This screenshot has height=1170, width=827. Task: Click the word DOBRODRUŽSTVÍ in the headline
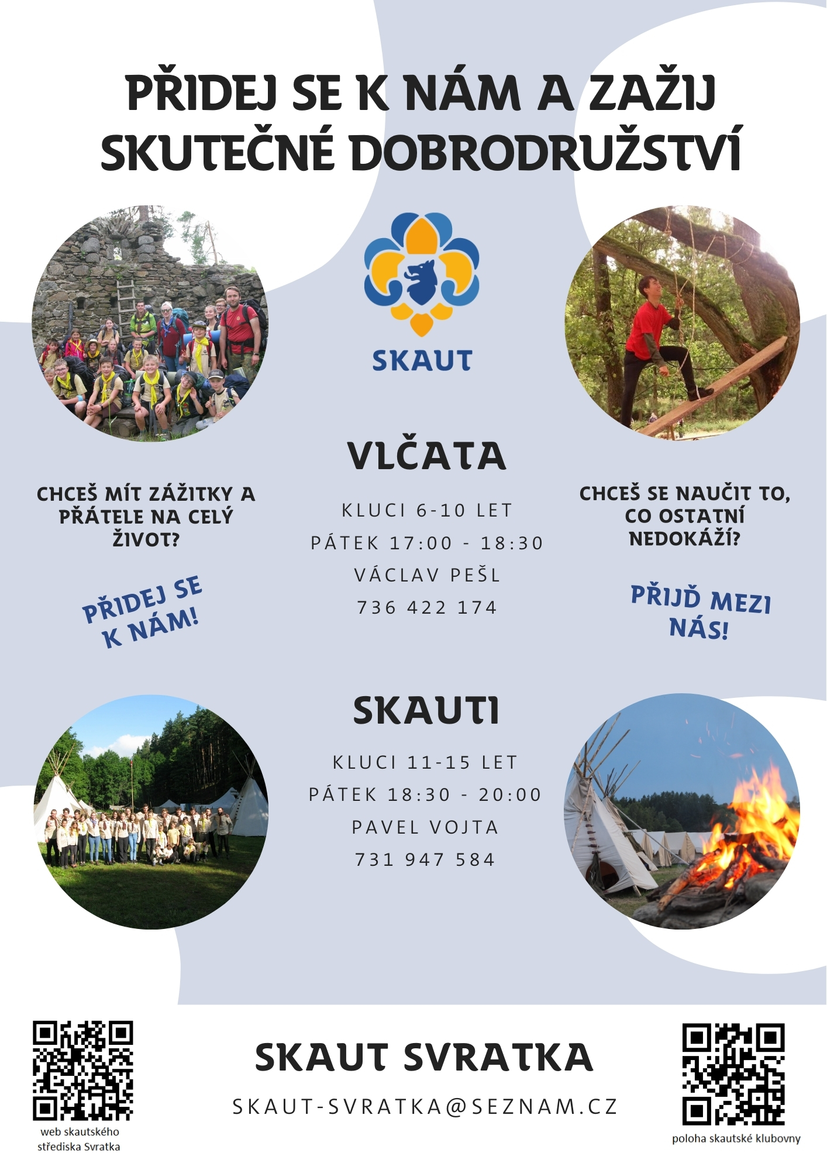click(x=546, y=150)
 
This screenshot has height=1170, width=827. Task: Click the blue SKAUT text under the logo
click(x=422, y=361)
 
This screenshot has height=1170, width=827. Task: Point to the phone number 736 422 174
click(x=427, y=608)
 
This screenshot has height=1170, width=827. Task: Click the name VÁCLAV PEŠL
click(x=428, y=575)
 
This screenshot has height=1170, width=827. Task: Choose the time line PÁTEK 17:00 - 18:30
click(x=427, y=543)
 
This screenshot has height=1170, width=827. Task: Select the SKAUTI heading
click(x=426, y=711)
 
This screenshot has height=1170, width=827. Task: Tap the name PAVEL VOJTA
click(x=425, y=827)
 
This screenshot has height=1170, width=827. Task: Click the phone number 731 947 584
click(x=425, y=860)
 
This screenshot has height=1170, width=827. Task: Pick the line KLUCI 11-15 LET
click(x=425, y=762)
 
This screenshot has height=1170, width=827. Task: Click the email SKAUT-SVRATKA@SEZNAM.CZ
click(x=425, y=1107)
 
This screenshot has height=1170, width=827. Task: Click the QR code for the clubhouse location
click(x=733, y=1074)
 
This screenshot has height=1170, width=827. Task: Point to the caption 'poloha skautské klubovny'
click(x=736, y=1138)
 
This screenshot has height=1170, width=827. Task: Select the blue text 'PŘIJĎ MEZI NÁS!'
click(x=701, y=612)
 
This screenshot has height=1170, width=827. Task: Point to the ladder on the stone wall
click(x=126, y=307)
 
